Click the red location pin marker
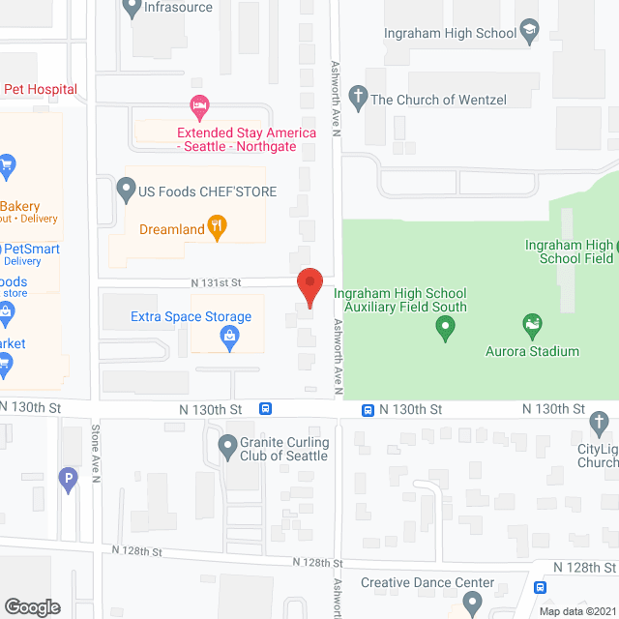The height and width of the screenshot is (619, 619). [309, 287]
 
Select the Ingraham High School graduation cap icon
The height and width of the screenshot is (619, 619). [529, 34]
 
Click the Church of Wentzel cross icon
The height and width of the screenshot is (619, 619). [357, 98]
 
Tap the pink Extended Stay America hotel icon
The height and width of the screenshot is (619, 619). [199, 103]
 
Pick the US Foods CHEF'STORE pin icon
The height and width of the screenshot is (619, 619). [125, 189]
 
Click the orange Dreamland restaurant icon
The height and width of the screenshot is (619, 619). [220, 229]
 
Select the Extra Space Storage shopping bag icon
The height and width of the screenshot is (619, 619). [229, 337]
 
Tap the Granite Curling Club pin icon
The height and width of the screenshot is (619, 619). [227, 447]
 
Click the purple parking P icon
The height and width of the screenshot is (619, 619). [68, 477]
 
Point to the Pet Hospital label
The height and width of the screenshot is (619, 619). [41, 89]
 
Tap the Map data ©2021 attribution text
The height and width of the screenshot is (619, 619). [576, 610]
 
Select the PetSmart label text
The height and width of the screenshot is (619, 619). [29, 248]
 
